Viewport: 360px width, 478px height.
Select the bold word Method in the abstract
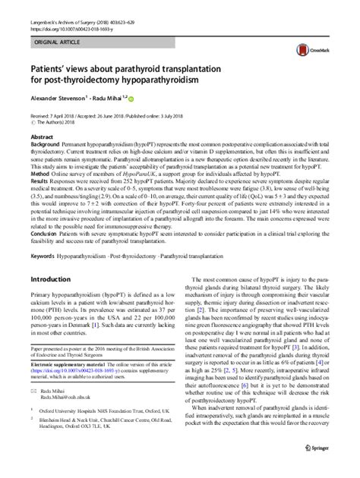(41, 172)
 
